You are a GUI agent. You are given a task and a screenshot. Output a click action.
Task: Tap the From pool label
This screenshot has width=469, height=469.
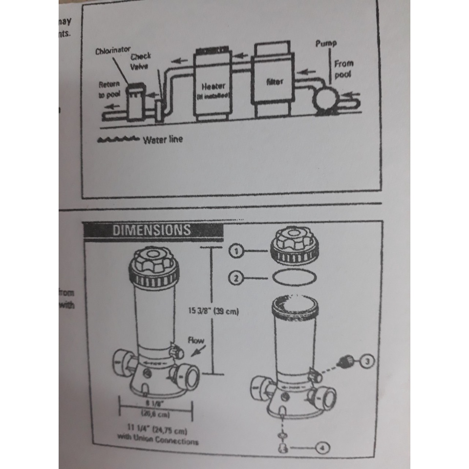343,68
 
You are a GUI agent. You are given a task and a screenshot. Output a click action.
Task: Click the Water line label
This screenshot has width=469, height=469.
163,139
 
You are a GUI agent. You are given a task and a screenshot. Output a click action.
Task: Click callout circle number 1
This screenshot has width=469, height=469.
235,251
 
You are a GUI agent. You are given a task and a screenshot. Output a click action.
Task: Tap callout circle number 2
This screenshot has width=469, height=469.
235,278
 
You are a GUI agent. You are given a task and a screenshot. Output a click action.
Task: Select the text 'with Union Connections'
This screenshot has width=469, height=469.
158,441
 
